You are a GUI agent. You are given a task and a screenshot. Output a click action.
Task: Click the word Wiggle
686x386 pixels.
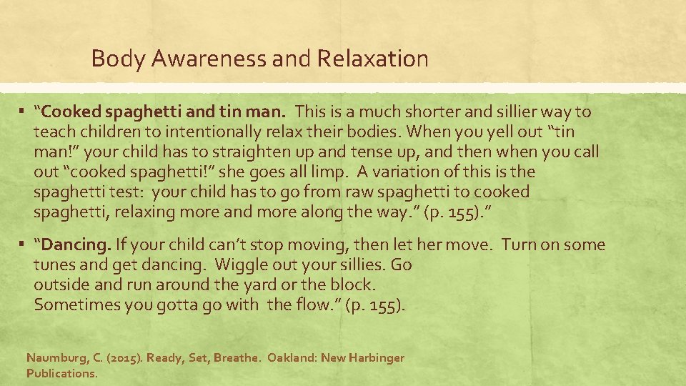[x=243, y=265]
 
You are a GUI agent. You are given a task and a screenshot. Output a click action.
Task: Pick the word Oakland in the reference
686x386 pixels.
[x=292, y=357]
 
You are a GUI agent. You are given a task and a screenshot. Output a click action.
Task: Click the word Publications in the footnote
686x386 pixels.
[x=61, y=373]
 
